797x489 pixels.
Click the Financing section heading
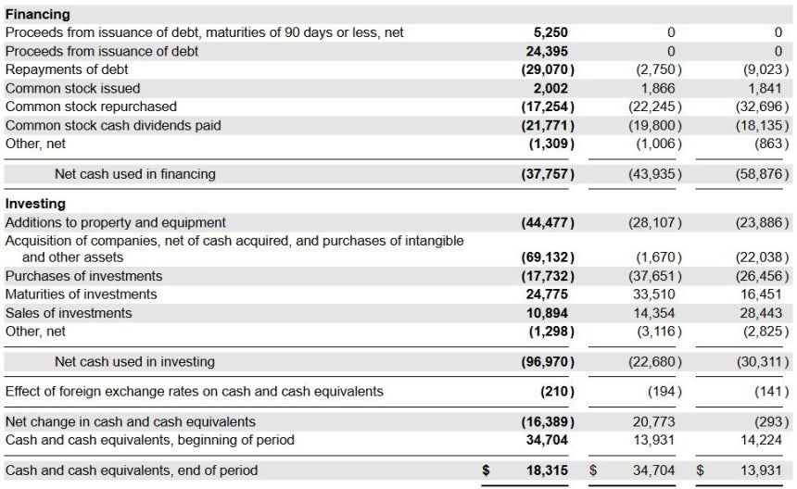(x=38, y=14)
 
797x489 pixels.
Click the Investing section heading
(x=35, y=204)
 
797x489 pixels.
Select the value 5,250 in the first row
(x=550, y=32)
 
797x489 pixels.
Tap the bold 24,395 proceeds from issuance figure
(x=547, y=51)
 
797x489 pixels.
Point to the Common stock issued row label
(x=72, y=88)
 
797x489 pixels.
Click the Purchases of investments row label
(x=83, y=276)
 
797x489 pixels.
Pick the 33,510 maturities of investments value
(x=653, y=294)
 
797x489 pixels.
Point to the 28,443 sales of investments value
(x=761, y=313)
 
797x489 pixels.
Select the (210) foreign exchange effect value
(x=557, y=392)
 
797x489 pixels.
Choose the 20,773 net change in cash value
(x=653, y=421)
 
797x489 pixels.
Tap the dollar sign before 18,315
(x=486, y=470)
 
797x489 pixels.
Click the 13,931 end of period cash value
(x=761, y=470)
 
